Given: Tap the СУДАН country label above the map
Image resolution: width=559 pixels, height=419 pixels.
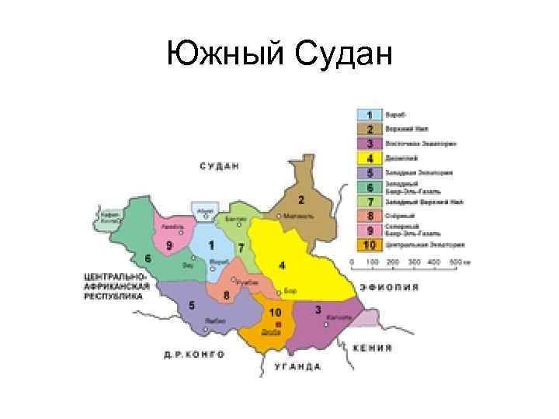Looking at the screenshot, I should click(x=219, y=166).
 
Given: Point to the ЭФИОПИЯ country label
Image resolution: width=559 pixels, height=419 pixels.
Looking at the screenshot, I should click(x=388, y=286).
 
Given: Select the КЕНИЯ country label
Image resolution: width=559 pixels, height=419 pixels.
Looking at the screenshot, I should click(x=372, y=348).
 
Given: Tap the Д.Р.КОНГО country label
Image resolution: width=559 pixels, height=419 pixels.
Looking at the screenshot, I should click(x=194, y=354).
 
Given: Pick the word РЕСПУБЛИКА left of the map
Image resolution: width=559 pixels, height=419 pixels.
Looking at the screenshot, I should click(x=114, y=296).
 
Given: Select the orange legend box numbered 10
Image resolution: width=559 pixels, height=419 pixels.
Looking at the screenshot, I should click(x=370, y=244).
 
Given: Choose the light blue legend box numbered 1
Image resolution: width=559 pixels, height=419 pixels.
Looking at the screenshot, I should click(x=370, y=115).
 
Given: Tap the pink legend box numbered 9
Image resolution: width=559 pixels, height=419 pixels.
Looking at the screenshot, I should click(x=370, y=230).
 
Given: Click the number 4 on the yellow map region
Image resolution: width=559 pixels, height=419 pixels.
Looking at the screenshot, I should click(x=282, y=265).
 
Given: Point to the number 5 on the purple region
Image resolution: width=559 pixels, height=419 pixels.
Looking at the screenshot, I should click(x=192, y=305).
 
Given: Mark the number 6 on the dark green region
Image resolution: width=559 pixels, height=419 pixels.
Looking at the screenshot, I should click(x=147, y=257).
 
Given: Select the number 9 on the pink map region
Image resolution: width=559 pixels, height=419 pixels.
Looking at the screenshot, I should click(x=168, y=245).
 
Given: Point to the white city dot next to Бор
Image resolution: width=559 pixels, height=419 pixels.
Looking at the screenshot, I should click(x=279, y=293).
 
